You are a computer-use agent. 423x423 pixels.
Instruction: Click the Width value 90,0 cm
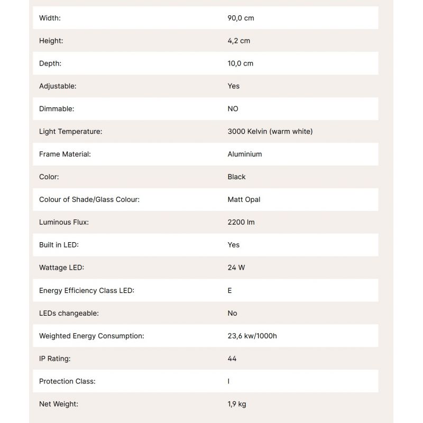(x=241, y=18)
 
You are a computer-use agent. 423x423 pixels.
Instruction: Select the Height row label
(x=51, y=41)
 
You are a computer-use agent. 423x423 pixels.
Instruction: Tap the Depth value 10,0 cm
(x=240, y=63)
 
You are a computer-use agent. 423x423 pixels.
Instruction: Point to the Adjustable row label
(x=58, y=86)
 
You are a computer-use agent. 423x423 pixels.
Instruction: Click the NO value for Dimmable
(x=233, y=109)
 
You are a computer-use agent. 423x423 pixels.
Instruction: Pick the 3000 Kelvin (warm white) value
(x=270, y=132)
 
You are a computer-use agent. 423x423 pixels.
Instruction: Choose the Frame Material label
(x=65, y=154)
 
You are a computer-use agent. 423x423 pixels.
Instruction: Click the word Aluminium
(x=244, y=154)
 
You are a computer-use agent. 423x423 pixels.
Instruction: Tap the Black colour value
(x=236, y=177)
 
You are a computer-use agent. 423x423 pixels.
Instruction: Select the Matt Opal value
(x=244, y=200)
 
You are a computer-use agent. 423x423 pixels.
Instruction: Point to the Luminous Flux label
(x=64, y=223)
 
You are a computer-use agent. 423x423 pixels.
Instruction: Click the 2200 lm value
(x=241, y=223)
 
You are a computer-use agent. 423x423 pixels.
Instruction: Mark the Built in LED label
(x=59, y=245)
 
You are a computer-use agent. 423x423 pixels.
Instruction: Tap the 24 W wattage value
(x=236, y=268)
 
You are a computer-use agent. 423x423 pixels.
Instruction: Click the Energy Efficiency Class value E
(x=229, y=291)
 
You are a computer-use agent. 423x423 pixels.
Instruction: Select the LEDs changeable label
(x=69, y=314)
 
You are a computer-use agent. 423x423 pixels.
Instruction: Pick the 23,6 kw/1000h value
(x=252, y=336)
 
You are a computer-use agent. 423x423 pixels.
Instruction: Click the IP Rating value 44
(x=232, y=359)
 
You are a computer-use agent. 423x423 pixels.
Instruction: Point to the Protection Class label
(x=67, y=382)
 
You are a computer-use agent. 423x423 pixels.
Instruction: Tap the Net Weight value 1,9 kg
(x=237, y=404)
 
